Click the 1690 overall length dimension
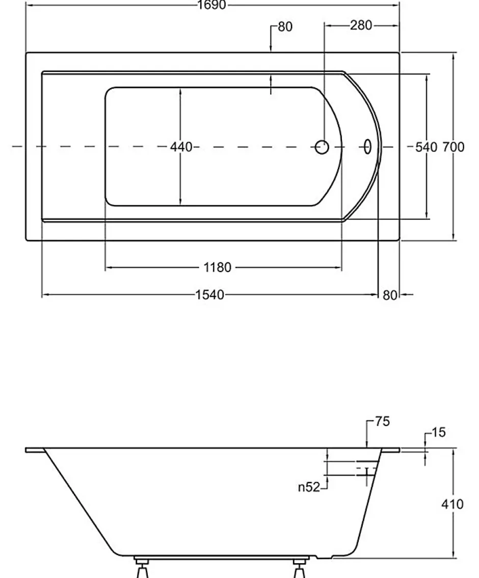click(x=211, y=5)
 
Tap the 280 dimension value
click(x=361, y=25)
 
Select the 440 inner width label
click(x=181, y=147)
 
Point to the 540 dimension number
click(x=426, y=147)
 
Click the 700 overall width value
click(x=453, y=147)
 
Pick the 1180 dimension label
click(x=218, y=267)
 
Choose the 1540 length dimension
click(x=209, y=295)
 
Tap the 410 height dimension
click(x=453, y=504)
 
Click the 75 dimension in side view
click(x=383, y=422)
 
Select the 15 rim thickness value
click(x=438, y=432)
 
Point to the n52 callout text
click(x=309, y=487)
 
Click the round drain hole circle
click(x=322, y=147)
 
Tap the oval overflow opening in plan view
click(x=367, y=147)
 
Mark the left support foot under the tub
click(x=142, y=567)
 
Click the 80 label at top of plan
click(x=285, y=27)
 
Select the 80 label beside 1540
click(x=390, y=295)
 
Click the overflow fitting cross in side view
click(x=366, y=474)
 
